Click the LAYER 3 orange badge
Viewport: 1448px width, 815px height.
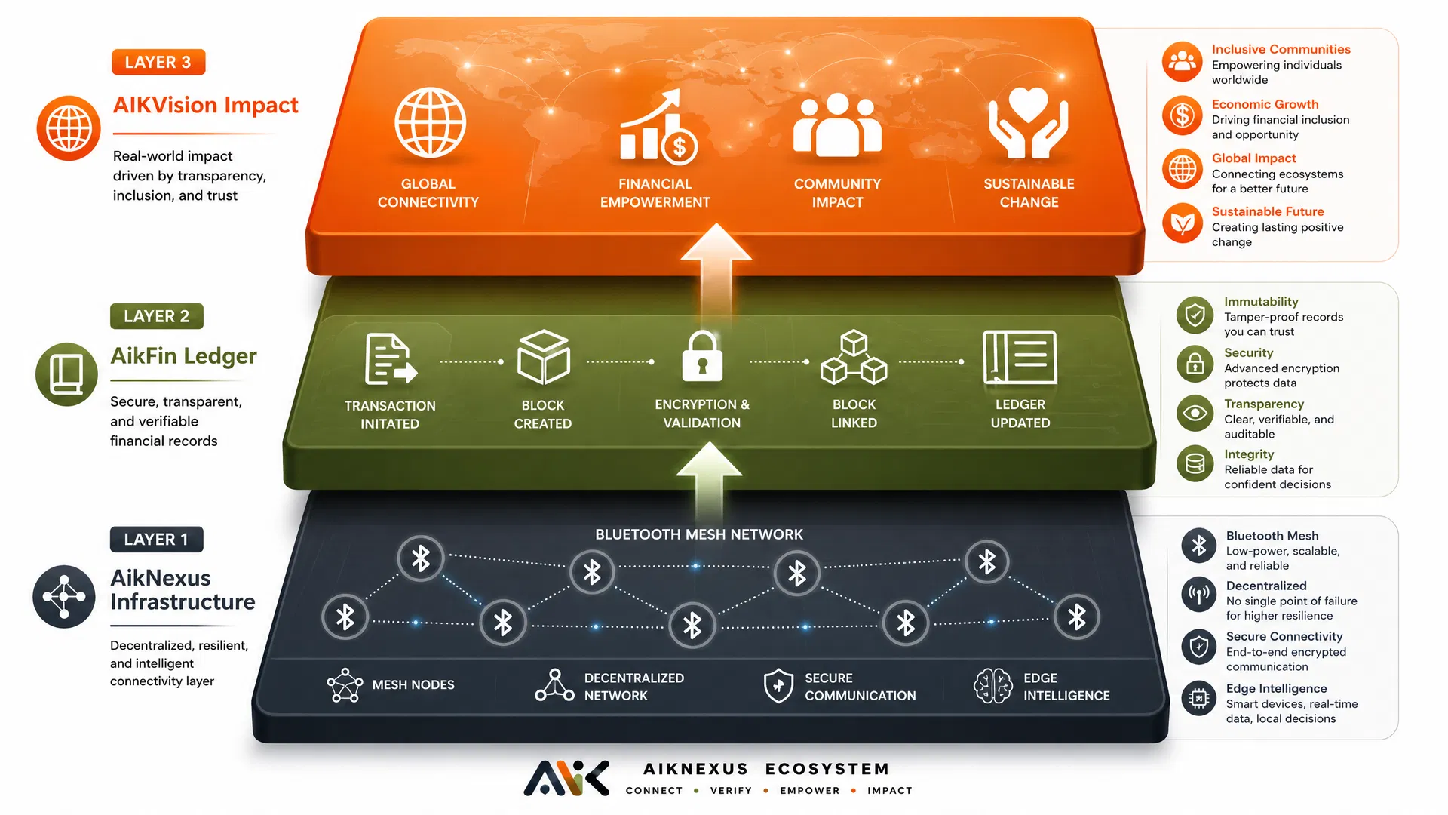[x=158, y=62]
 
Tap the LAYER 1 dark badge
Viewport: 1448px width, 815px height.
[x=156, y=540]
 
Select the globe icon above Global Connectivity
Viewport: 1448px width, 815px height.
[x=430, y=123]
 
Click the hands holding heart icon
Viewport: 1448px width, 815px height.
[x=1029, y=123]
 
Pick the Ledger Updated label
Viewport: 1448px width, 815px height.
[x=1020, y=414]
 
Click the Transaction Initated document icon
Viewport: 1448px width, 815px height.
[x=391, y=359]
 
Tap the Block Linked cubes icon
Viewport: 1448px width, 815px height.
[x=854, y=357]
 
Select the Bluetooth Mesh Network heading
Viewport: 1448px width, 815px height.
[x=699, y=534]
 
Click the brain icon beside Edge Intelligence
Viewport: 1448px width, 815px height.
[x=992, y=686]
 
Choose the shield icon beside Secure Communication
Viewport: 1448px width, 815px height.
[x=778, y=685]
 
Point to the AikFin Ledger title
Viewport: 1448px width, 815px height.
[x=183, y=356]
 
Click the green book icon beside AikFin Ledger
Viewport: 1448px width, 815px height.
[x=66, y=374]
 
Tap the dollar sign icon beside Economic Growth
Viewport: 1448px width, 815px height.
[x=1182, y=115]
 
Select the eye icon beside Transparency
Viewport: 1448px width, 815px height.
[x=1195, y=414]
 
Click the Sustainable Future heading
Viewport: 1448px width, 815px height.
[x=1268, y=211]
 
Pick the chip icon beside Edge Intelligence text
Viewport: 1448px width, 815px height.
[x=1199, y=699]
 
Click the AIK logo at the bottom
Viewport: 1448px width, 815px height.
[x=566, y=778]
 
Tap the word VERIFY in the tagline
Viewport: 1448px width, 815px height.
[x=731, y=790]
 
